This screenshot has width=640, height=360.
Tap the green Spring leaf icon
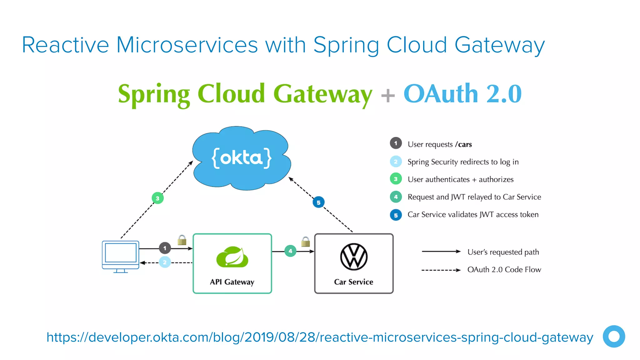click(232, 257)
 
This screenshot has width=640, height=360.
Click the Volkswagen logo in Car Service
click(354, 257)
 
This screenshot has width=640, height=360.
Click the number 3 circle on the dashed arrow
click(157, 198)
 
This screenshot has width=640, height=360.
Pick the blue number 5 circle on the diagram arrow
click(318, 202)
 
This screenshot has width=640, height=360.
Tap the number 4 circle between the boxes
click(290, 251)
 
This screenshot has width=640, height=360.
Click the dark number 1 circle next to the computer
click(165, 248)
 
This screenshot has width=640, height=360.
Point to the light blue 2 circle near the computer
click(165, 262)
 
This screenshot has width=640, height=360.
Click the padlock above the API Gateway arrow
click(182, 240)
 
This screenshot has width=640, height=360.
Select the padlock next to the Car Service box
click(305, 242)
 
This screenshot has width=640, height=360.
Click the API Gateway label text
click(232, 282)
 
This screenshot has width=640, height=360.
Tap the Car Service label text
click(353, 282)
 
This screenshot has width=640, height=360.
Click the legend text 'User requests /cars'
click(439, 144)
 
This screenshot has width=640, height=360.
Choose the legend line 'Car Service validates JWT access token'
click(473, 215)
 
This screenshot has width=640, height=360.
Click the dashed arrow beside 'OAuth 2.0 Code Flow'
click(441, 270)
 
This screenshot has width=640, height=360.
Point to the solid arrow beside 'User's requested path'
click(441, 251)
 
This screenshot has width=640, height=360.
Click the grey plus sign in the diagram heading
click(388, 95)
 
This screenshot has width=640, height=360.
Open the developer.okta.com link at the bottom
click(319, 337)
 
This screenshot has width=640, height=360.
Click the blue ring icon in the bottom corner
click(614, 337)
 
